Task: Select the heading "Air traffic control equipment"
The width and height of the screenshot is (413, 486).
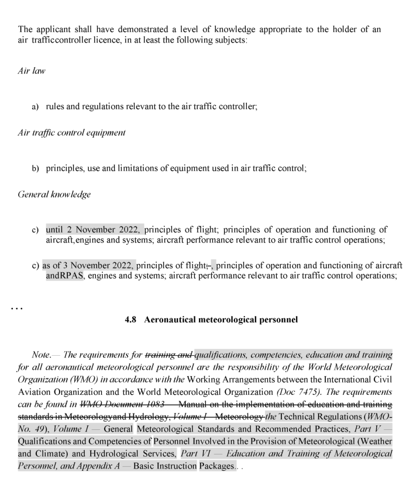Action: (72, 133)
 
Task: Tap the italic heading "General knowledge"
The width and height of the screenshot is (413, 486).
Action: (54, 195)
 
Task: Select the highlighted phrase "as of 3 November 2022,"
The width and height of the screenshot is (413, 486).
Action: (88, 266)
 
